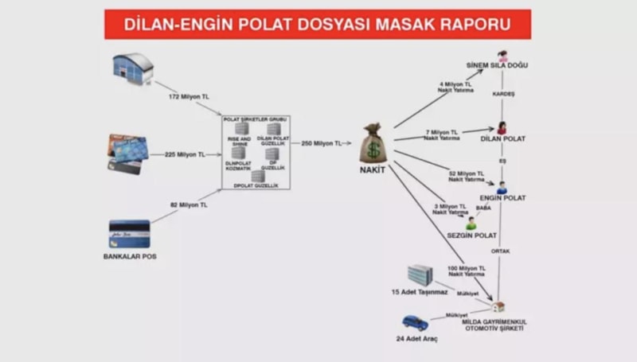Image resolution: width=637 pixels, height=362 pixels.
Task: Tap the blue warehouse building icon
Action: pos(132,68)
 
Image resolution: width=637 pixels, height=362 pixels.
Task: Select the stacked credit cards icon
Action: pos(128,154)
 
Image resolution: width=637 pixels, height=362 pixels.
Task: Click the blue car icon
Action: pos(415,322)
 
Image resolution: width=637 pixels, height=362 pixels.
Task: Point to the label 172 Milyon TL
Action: pos(188,96)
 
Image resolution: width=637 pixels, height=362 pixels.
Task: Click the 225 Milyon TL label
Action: pos(184,154)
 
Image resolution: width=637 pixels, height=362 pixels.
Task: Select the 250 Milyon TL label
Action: pos(322,144)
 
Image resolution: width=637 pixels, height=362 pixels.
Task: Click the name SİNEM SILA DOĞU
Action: pos(497,65)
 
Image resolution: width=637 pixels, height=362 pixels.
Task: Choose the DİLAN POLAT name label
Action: pos(502,138)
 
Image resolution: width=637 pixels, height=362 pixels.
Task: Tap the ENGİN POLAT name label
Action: pos(502,197)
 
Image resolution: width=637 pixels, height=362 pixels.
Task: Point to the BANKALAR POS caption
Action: pos(130,257)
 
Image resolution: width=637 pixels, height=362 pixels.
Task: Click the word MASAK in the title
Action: pos(416,24)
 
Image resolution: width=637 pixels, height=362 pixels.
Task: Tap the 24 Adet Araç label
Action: pos(417,339)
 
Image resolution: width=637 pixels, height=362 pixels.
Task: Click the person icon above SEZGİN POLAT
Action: pos(471,223)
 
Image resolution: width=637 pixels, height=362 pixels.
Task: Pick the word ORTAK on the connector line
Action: pos(500,251)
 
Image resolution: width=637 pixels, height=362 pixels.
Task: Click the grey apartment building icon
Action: pos(420,275)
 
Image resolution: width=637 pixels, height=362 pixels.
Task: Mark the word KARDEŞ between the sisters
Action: pos(503,94)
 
